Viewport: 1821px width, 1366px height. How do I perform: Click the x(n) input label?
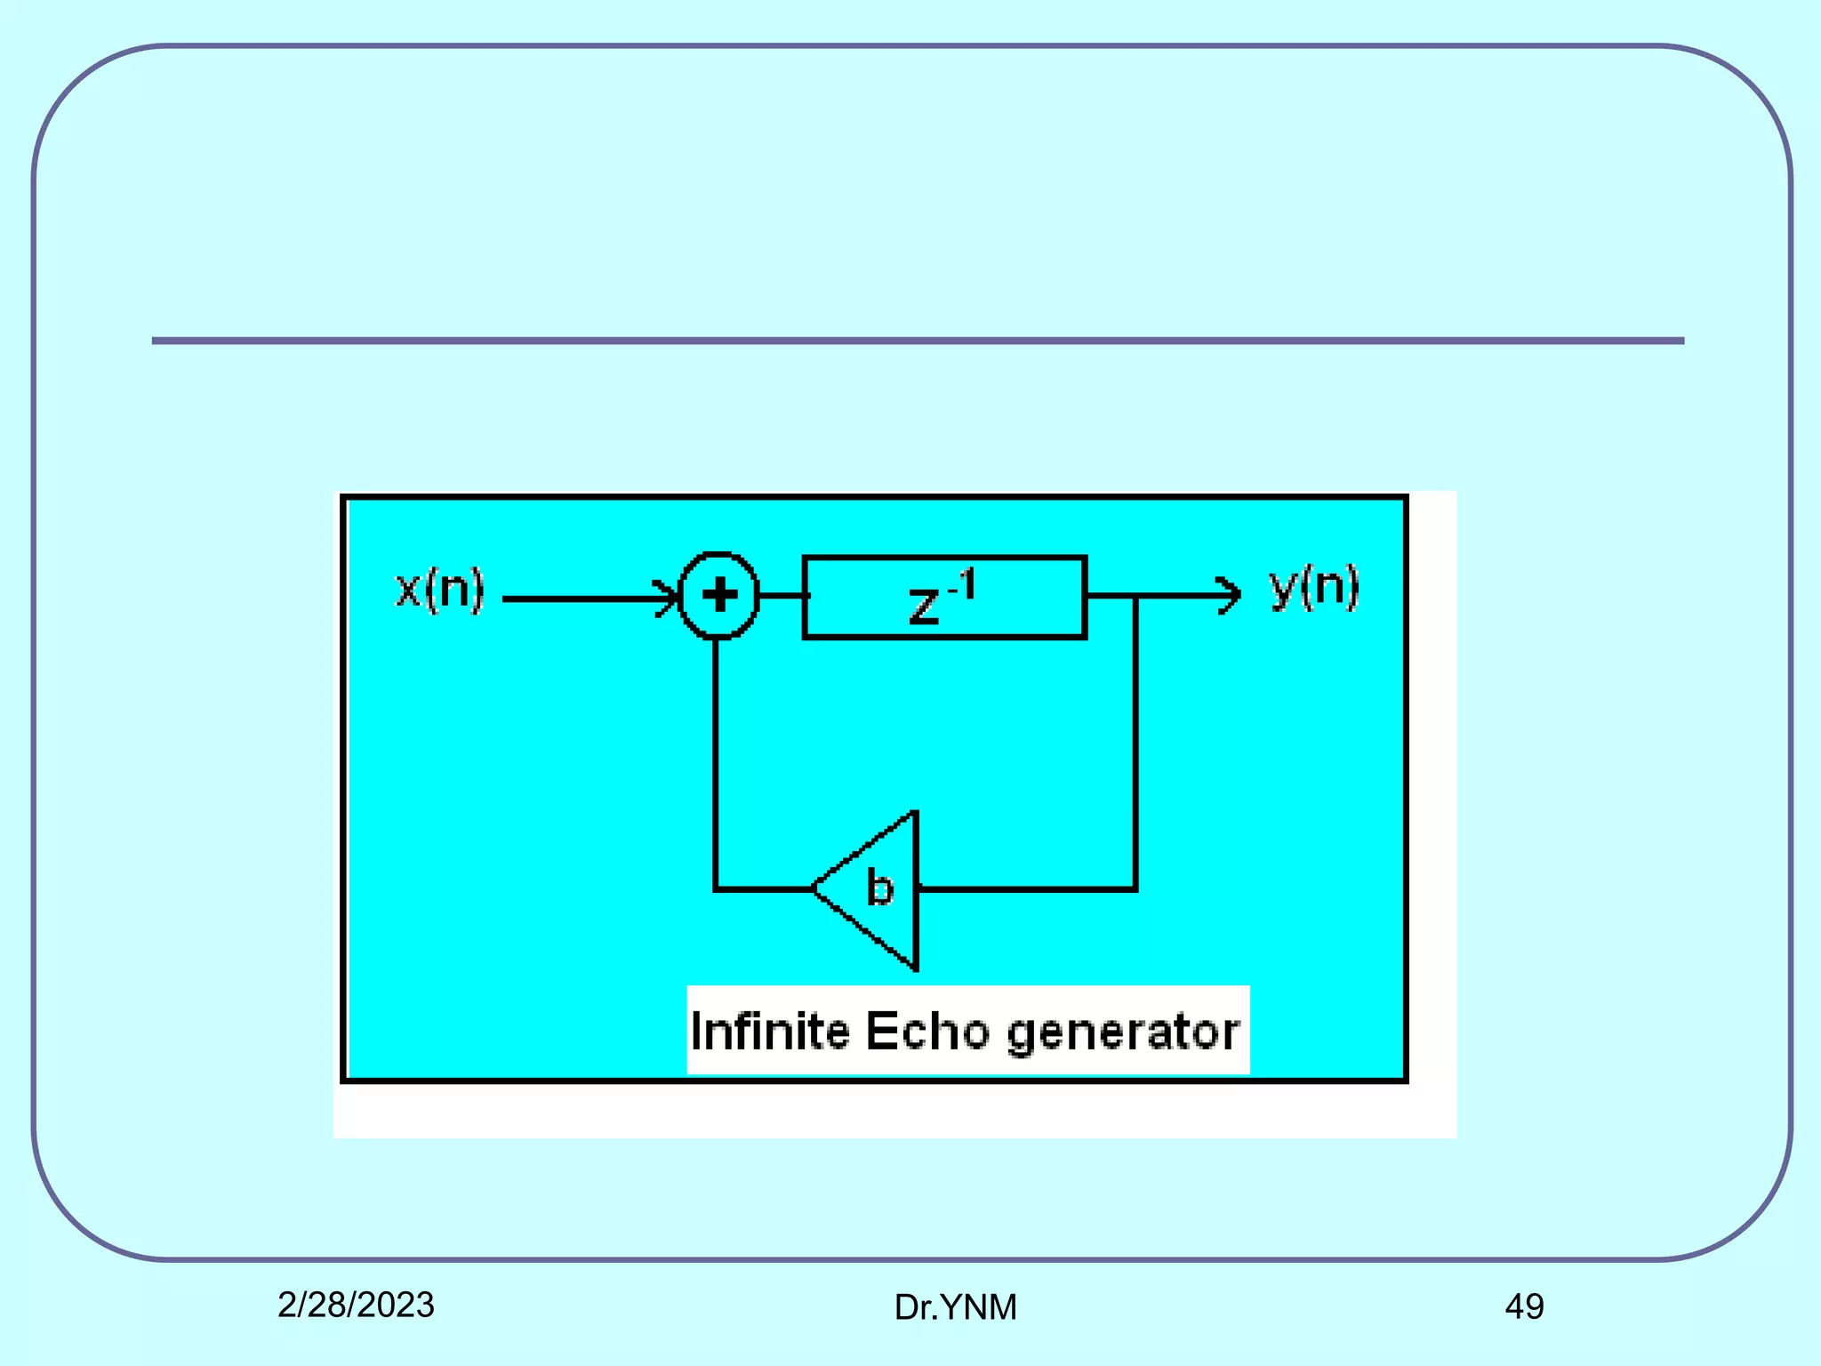pos(439,590)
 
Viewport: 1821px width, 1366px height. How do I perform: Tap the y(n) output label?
pos(1314,587)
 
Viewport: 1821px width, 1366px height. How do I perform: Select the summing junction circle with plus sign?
pos(718,596)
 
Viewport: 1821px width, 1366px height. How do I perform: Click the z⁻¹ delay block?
pos(944,598)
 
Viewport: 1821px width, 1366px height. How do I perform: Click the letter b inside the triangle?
pos(879,888)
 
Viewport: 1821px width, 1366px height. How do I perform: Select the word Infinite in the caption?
pos(769,1032)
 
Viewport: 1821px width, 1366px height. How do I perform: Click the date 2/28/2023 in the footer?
pos(356,1305)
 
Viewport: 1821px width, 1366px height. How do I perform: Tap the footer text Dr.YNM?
pos(955,1307)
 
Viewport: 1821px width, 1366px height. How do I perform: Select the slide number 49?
pos(1524,1306)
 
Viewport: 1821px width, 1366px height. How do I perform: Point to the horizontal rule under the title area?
pos(918,341)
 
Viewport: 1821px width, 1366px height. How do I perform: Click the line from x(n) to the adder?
pos(578,599)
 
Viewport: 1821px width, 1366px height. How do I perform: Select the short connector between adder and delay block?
pos(781,596)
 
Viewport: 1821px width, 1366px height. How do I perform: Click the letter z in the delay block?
pos(924,607)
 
